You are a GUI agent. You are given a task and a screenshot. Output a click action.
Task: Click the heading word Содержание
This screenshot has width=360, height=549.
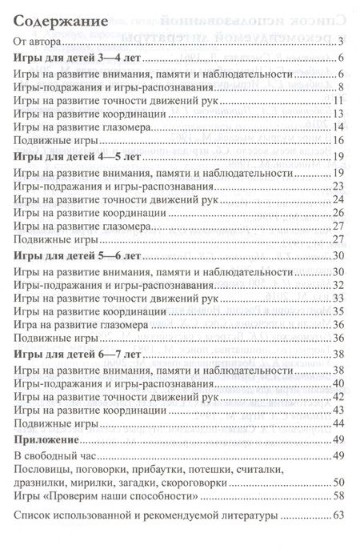pos(58,22)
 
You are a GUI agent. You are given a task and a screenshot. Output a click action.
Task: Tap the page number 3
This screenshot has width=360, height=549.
pos(340,42)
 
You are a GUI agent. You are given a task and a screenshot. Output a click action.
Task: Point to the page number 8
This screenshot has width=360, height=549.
pos(340,87)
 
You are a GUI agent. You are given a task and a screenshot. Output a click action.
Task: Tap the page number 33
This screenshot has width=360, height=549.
pos(338,298)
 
